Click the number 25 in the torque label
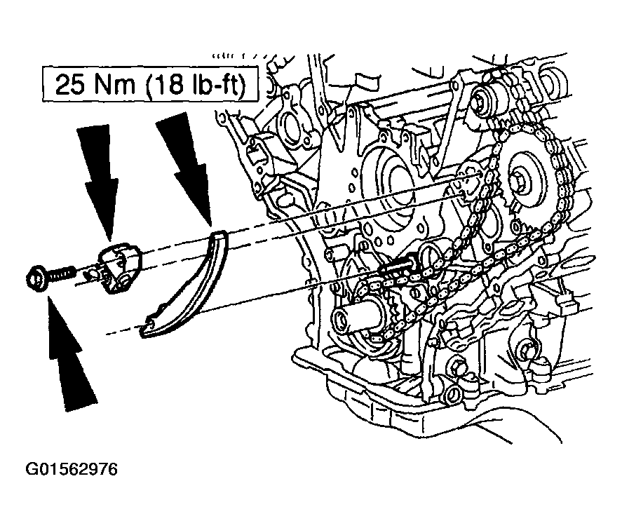(71, 84)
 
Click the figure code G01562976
(72, 469)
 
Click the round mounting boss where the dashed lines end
(468, 183)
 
